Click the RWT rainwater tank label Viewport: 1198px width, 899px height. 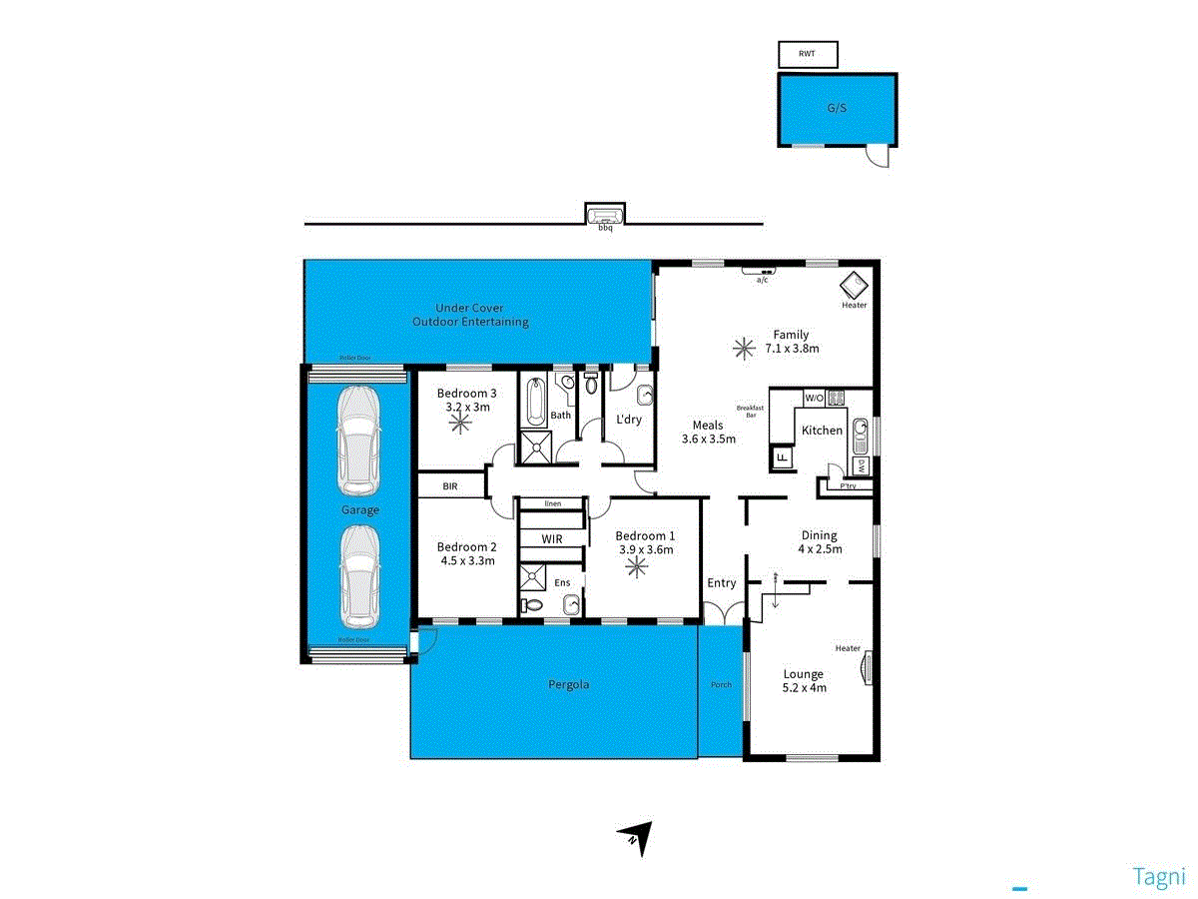pos(807,54)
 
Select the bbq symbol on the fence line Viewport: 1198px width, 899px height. pos(605,216)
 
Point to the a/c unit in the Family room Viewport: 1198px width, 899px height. pos(762,269)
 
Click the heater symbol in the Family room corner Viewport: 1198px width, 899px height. pos(855,284)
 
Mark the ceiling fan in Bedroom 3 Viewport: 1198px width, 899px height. pos(460,423)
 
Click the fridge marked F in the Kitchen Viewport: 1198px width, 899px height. pos(782,458)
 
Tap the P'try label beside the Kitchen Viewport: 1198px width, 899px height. pos(848,486)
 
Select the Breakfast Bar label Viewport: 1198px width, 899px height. pos(751,411)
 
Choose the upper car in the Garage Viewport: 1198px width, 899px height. pos(359,440)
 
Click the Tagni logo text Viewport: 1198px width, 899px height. pos(1159,876)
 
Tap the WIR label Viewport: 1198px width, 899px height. pos(552,539)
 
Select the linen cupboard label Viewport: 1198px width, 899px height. pos(552,504)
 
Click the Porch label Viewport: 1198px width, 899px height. pos(721,684)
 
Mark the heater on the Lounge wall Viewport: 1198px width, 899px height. pos(867,665)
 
